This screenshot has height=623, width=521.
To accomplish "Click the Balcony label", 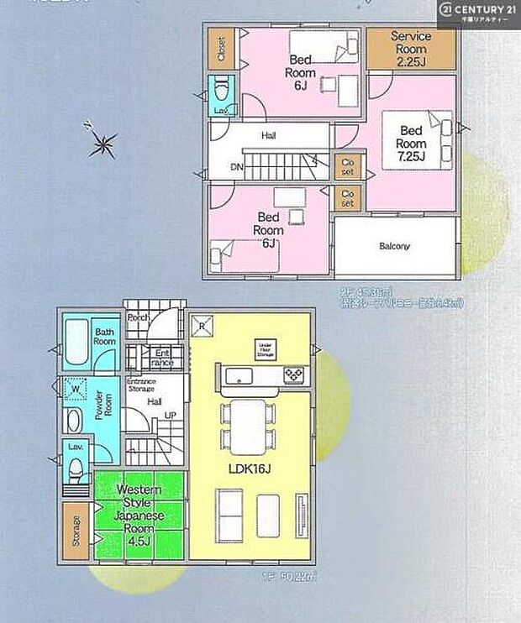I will pyautogui.click(x=395, y=246).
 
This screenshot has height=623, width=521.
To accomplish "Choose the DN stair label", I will pyautogui.click(x=237, y=166).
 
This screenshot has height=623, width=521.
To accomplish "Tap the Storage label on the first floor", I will pyautogui.click(x=76, y=531).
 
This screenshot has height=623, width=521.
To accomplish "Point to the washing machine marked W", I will pyautogui.click(x=76, y=390).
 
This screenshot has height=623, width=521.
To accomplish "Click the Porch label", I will pyautogui.click(x=139, y=317).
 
